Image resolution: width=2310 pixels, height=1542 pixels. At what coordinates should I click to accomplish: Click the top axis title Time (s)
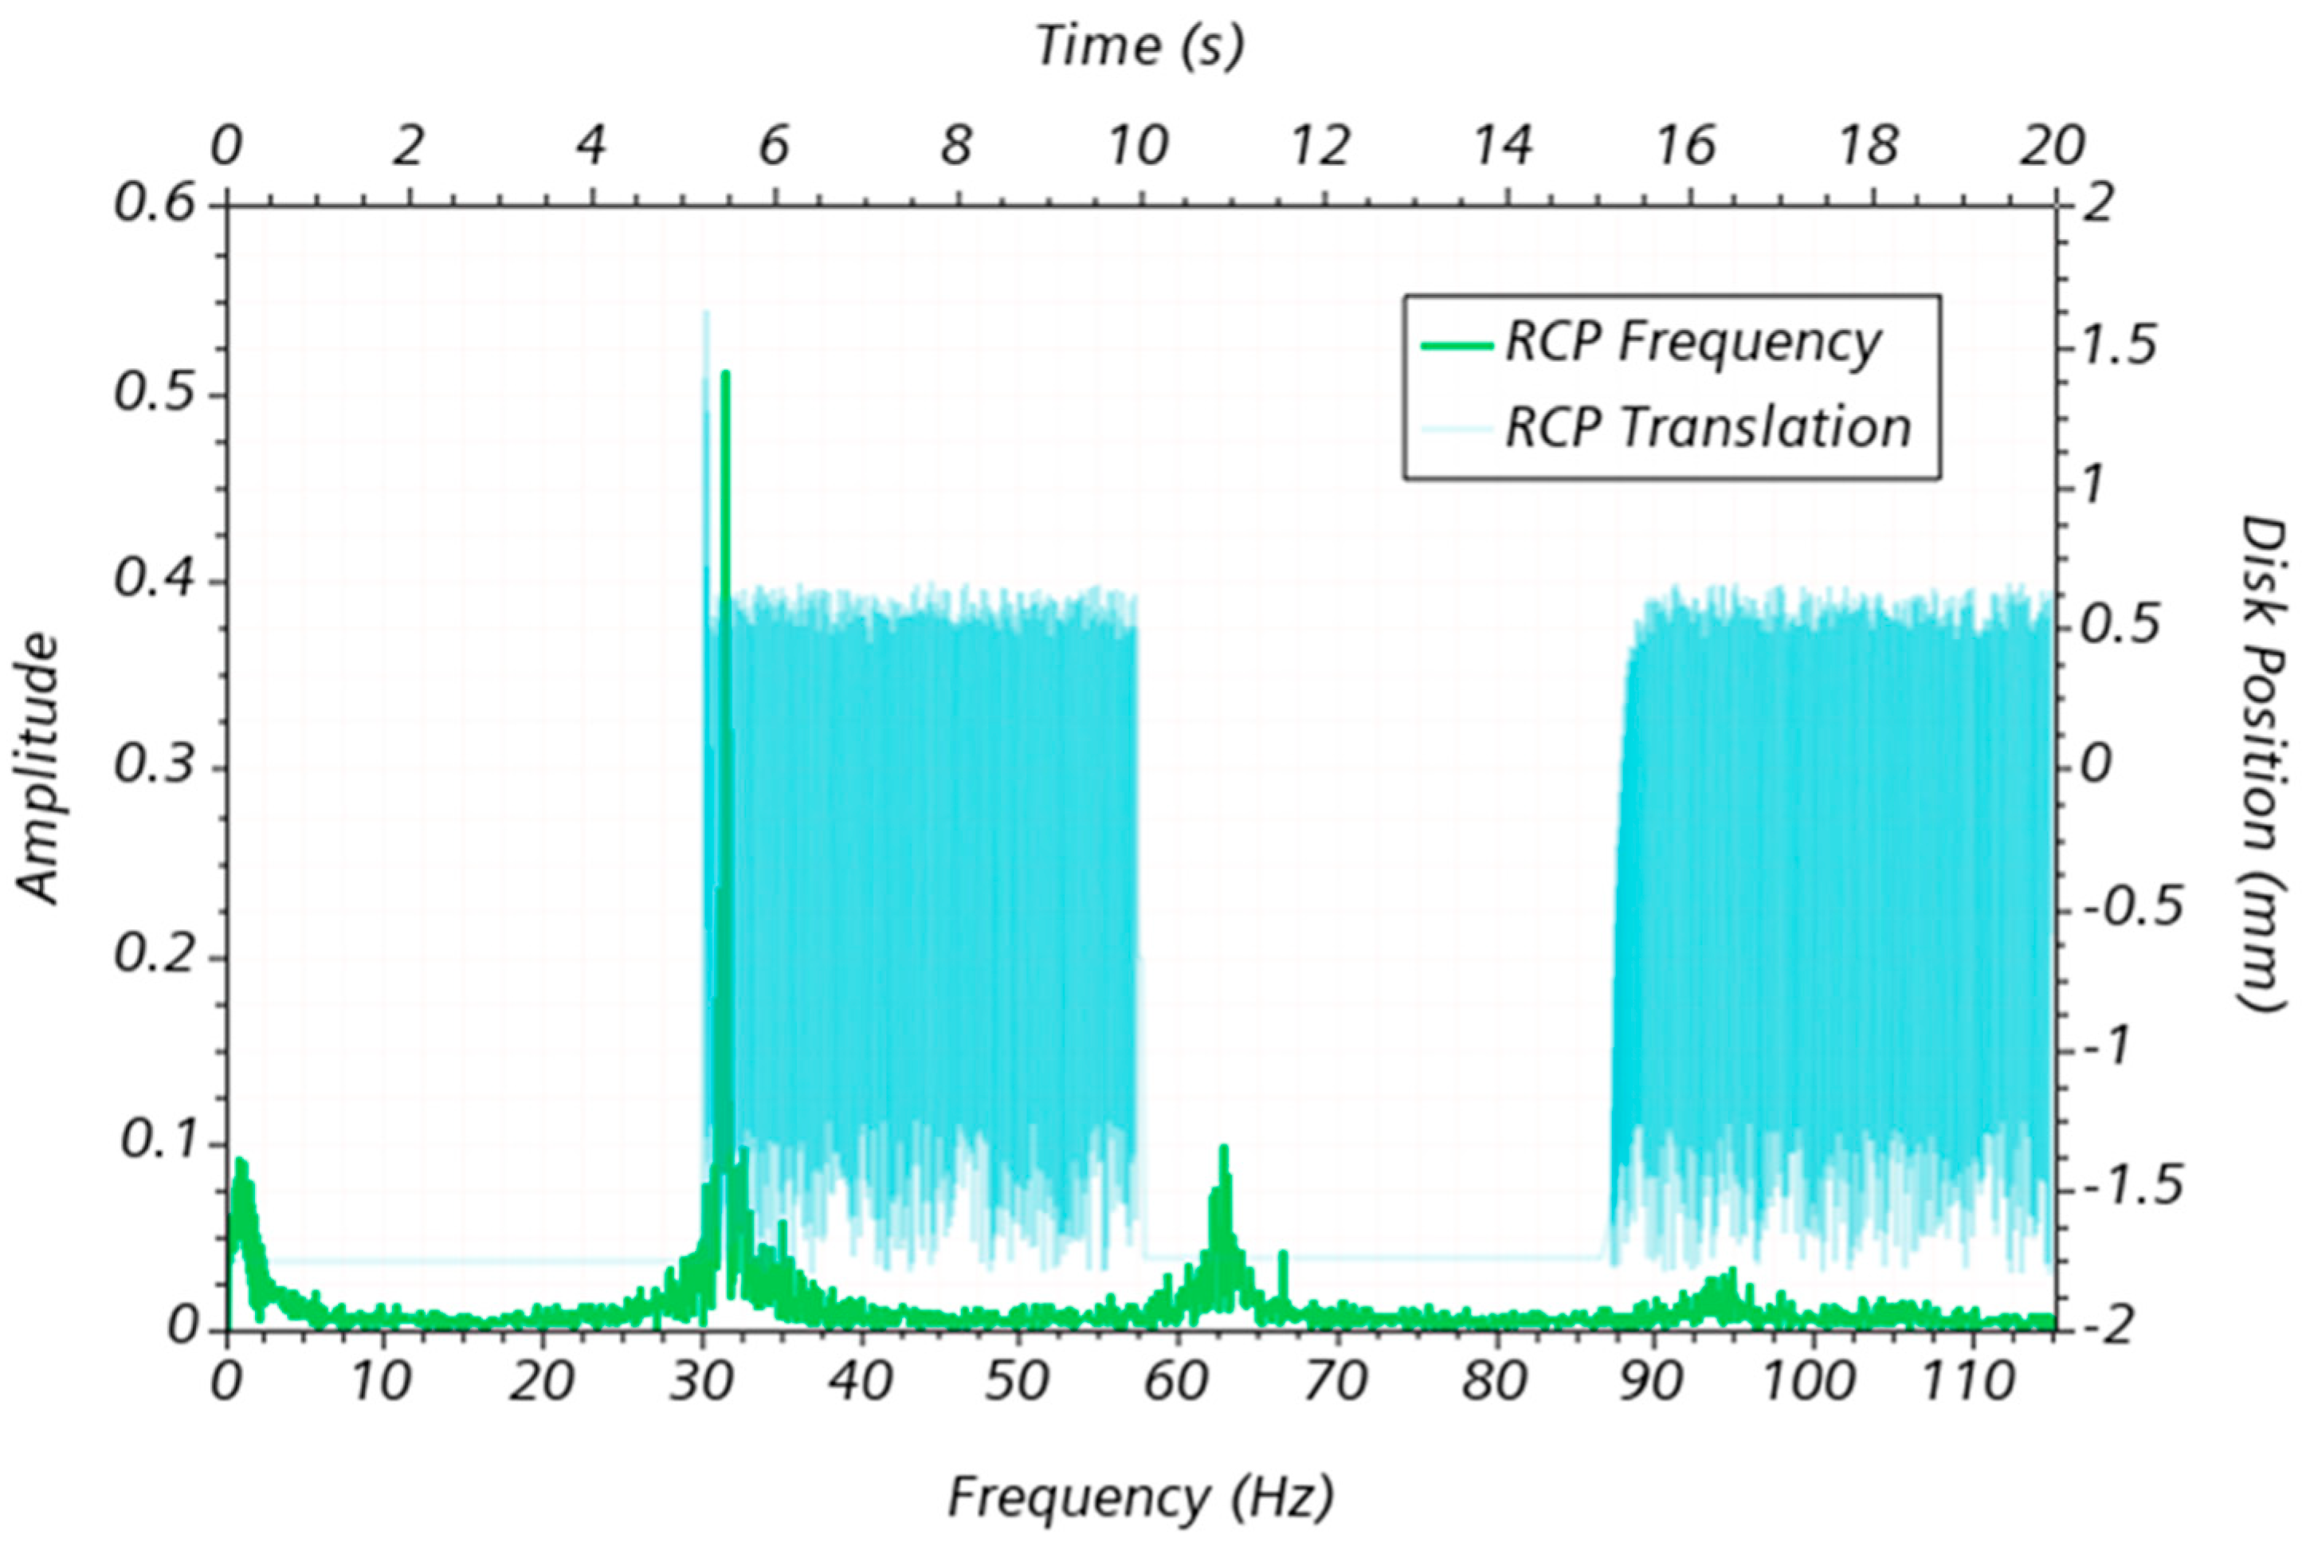(1139, 46)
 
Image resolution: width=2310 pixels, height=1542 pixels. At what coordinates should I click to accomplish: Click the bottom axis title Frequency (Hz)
(1139, 1497)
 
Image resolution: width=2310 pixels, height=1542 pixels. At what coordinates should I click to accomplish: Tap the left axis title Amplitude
(38, 768)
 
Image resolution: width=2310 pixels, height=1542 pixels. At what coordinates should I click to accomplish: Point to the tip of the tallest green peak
(726, 373)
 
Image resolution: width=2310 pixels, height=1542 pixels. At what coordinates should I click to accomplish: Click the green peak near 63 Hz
(1223, 1148)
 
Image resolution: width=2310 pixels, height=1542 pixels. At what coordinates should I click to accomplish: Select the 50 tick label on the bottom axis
(1017, 1383)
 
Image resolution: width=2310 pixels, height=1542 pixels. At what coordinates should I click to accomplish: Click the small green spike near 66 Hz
(1282, 1254)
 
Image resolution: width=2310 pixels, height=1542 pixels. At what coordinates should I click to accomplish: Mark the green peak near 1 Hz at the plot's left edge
(240, 1163)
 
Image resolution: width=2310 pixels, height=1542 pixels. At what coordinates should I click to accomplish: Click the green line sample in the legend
(1457, 344)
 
